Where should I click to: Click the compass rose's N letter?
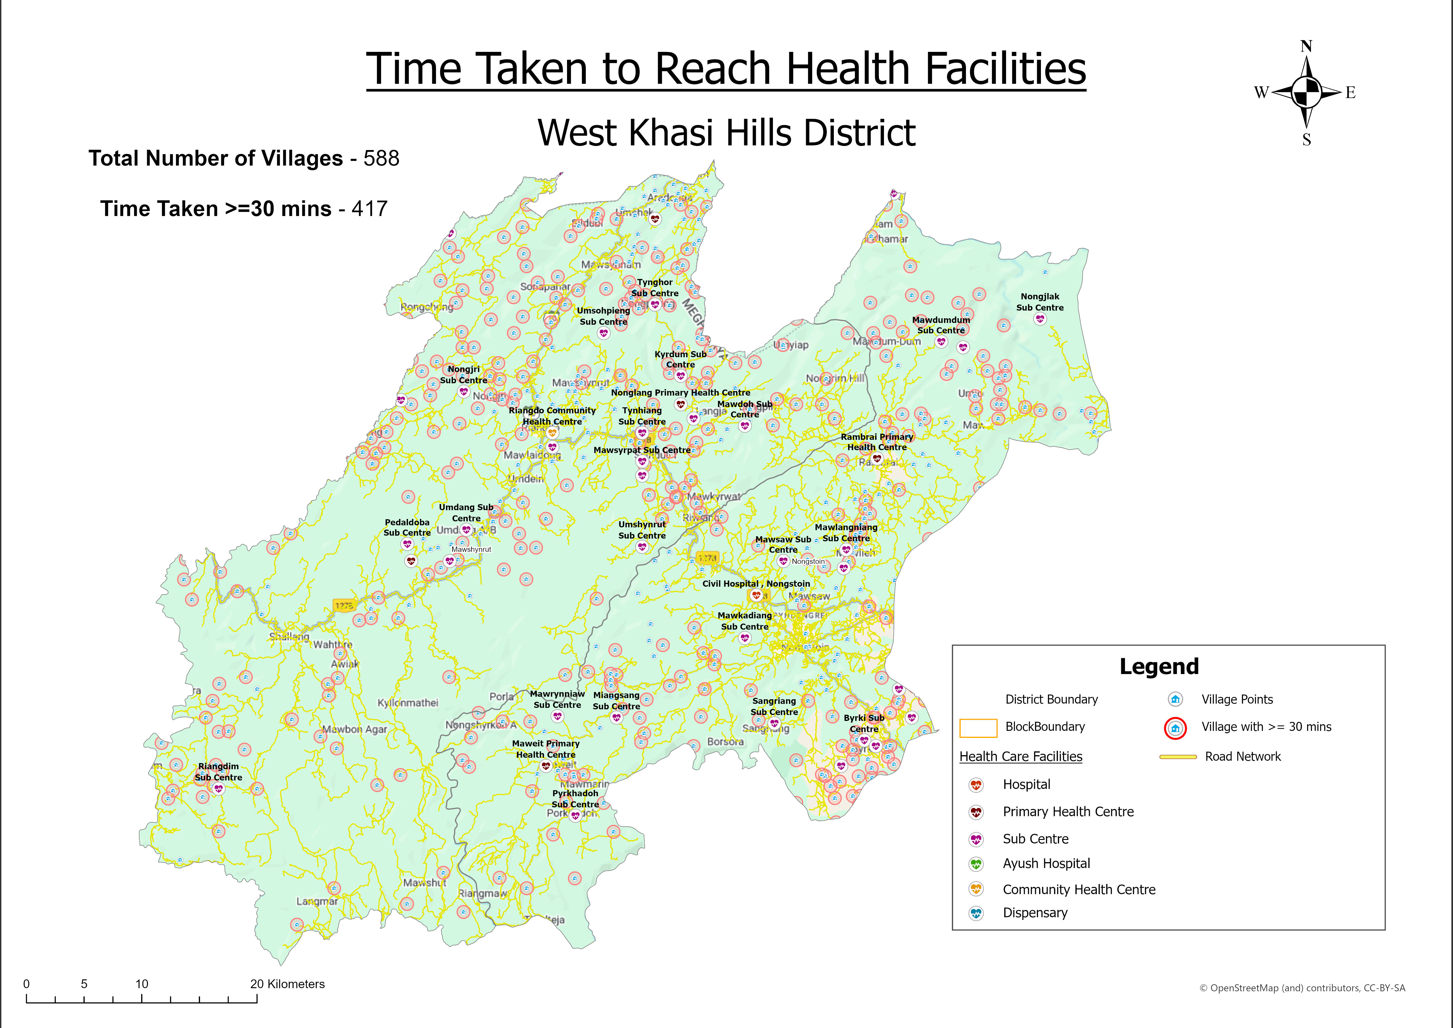[1306, 46]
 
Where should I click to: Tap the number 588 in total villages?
[381, 158]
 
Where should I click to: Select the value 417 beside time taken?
[370, 209]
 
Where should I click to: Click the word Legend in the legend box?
[1159, 667]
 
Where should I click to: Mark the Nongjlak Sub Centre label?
[1040, 302]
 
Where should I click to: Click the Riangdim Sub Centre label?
[218, 772]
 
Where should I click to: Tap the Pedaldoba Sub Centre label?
[407, 527]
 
